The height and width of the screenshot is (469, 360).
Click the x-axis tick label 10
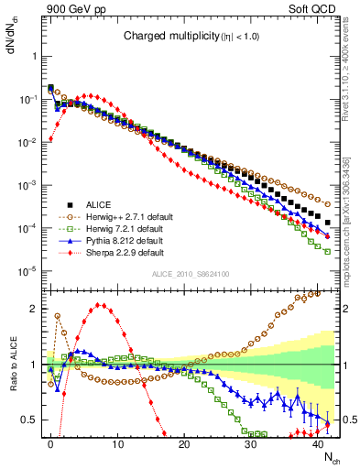pyautogui.click(x=117, y=444)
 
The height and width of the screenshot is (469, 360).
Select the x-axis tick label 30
pyautogui.click(x=251, y=444)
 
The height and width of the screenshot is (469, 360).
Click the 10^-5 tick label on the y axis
pyautogui.click(x=27, y=270)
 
